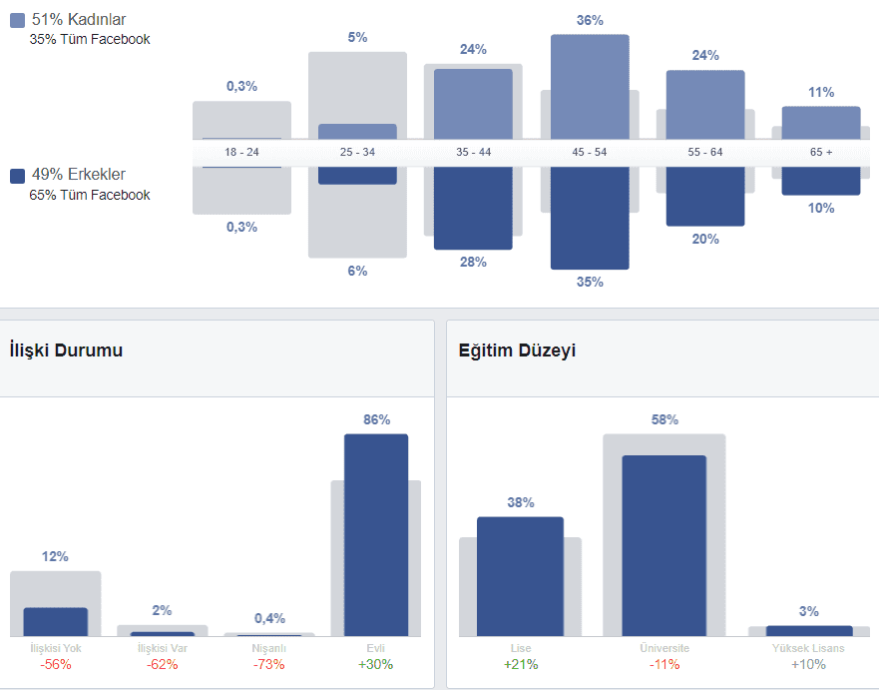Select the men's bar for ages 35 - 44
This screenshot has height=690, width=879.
473,208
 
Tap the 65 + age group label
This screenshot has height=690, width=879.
821,153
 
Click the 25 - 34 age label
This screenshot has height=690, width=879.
357,153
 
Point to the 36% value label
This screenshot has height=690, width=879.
590,20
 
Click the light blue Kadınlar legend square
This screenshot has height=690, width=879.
17,20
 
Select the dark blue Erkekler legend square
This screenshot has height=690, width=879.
17,176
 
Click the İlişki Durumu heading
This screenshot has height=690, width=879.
66,350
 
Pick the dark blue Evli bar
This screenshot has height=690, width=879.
376,534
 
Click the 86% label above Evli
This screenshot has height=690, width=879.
376,420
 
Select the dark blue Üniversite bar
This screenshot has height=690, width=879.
663,545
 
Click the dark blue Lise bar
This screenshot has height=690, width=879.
520,576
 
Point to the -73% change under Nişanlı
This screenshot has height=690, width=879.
268,664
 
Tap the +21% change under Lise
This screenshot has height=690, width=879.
520,664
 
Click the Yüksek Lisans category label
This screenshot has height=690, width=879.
809,649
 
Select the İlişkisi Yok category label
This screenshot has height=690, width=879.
55,649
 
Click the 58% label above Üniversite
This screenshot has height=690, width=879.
663,420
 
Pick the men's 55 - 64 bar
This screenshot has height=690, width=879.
705,196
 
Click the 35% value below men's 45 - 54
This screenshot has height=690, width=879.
590,282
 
